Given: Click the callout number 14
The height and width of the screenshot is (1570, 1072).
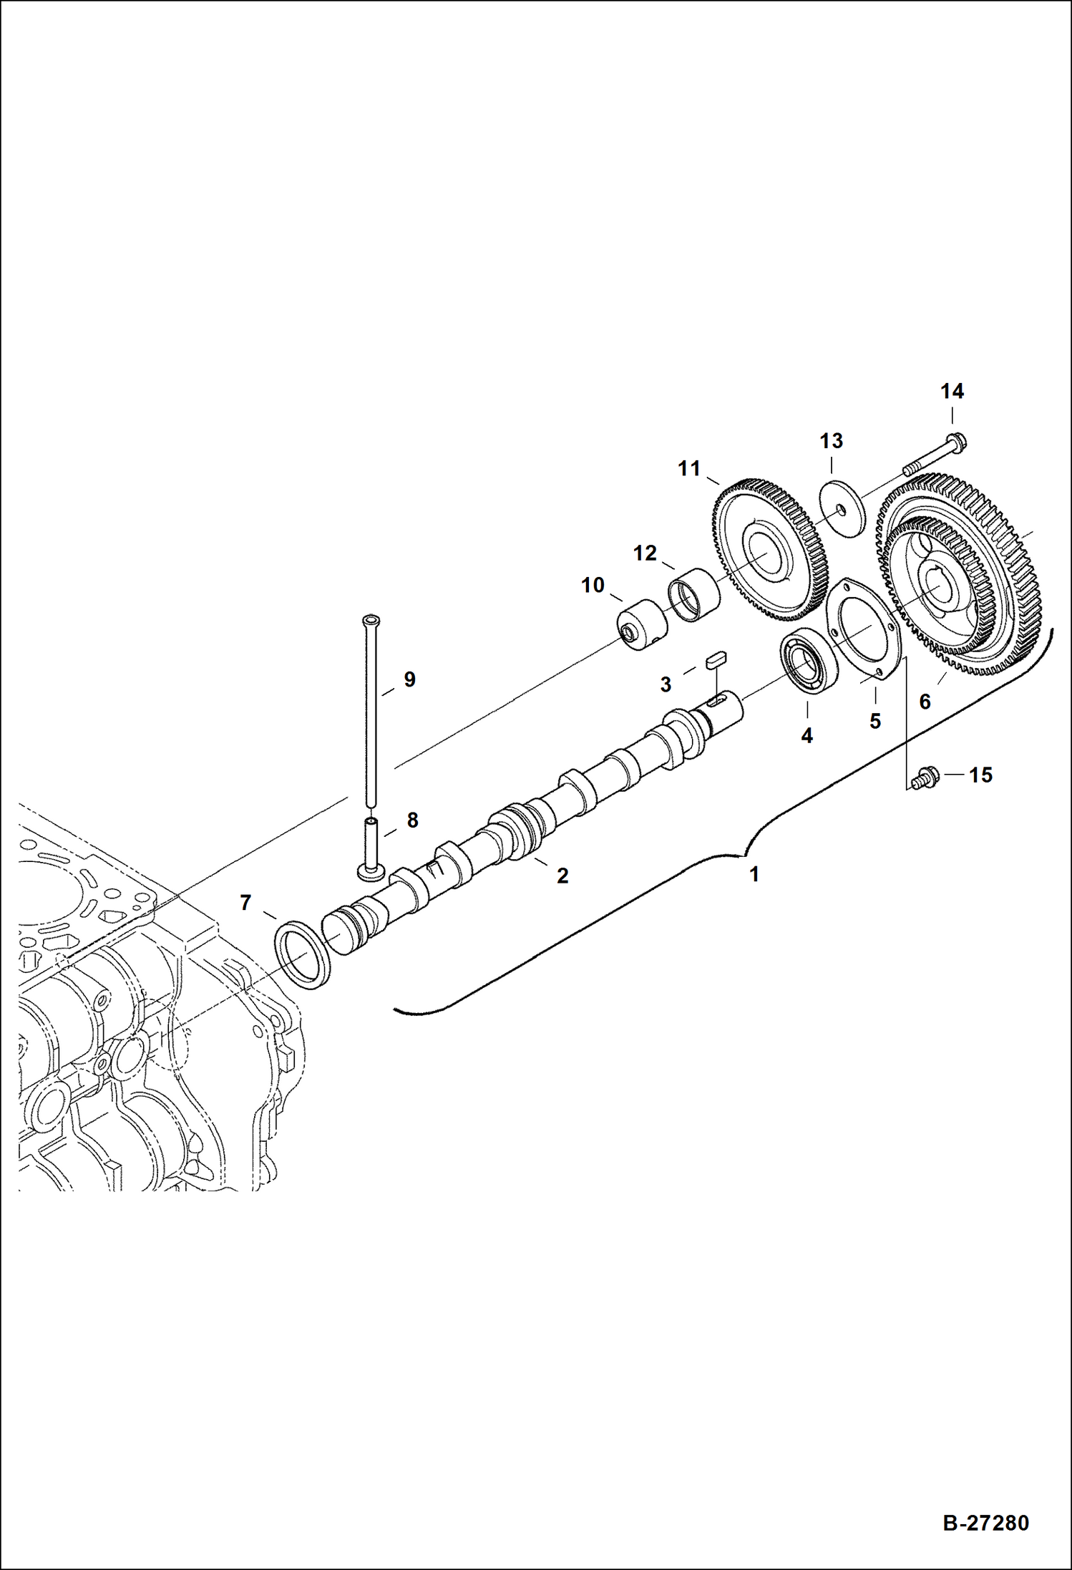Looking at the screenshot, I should point(951,392).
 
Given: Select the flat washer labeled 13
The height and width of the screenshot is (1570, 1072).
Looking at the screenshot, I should point(842,509).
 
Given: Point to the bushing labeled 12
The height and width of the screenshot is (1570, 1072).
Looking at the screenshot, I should point(694,593).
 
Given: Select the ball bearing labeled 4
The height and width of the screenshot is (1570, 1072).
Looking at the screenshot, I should point(808,665).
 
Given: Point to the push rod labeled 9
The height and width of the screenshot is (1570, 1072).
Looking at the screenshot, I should point(371,709).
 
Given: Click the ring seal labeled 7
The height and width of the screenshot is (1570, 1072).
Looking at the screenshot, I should point(303,955).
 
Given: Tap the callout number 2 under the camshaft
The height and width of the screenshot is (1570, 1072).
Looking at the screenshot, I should point(562,875).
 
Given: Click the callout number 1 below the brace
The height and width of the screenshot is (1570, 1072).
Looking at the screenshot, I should point(754,874).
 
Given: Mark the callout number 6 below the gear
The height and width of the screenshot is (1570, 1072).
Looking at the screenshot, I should point(925,702).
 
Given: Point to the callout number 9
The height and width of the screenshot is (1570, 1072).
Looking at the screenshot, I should point(409,679).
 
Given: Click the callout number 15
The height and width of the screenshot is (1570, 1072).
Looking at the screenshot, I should point(980,775).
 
